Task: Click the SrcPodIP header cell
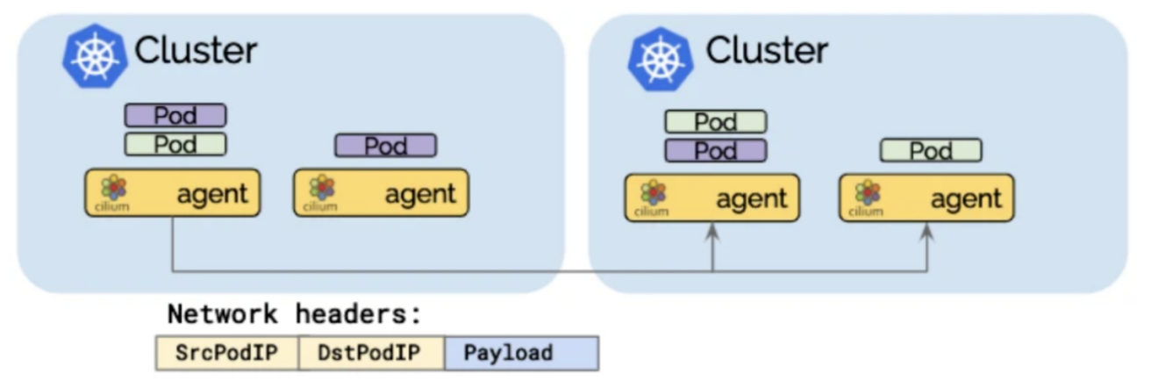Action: pos(226,353)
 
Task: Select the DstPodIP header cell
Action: pos(371,353)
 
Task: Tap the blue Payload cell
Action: pos(521,353)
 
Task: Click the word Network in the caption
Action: pos(224,314)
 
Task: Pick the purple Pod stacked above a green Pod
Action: pos(175,115)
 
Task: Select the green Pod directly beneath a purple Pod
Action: pos(175,144)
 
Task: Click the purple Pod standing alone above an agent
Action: pos(385,146)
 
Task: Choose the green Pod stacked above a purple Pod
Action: pos(715,121)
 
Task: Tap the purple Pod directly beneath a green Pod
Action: pos(715,150)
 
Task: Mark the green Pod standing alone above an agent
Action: pos(931,150)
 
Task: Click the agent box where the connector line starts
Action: pos(172,193)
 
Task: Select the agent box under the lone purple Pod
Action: pos(381,193)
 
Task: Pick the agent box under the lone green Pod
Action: pos(926,198)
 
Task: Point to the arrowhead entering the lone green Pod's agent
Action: pos(926,230)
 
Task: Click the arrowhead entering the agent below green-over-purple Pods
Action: pos(712,230)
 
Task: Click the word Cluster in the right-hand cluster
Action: pos(766,50)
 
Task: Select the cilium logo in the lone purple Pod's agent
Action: pos(321,191)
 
